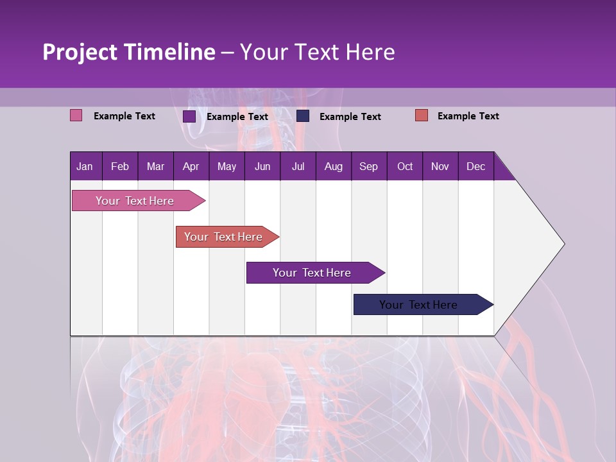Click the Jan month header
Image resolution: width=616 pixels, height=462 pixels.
pyautogui.click(x=85, y=166)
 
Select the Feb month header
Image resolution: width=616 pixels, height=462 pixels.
pyautogui.click(x=120, y=166)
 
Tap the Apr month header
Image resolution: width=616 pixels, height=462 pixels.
pyautogui.click(x=191, y=166)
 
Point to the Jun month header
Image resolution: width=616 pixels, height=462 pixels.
pyautogui.click(x=262, y=166)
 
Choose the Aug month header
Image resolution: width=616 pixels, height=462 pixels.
pyautogui.click(x=333, y=166)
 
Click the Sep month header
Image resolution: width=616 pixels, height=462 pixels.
pyautogui.click(x=368, y=166)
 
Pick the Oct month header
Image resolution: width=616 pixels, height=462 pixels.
pyautogui.click(x=405, y=166)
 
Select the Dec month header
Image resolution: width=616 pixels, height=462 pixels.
pyautogui.click(x=475, y=166)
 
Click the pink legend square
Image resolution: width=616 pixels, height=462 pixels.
pyautogui.click(x=76, y=116)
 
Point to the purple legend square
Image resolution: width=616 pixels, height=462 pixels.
pyautogui.click(x=189, y=116)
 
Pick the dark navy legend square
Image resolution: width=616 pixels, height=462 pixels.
pyautogui.click(x=303, y=116)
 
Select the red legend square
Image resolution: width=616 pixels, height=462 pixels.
pyautogui.click(x=422, y=116)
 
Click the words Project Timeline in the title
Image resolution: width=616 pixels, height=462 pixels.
pyautogui.click(x=129, y=52)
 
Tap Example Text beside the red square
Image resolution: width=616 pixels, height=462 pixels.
pyautogui.click(x=468, y=116)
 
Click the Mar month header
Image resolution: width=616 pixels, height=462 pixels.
pyautogui.click(x=155, y=166)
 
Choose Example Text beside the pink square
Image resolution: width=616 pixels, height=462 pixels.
pyautogui.click(x=124, y=116)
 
